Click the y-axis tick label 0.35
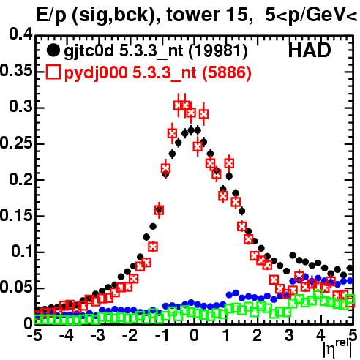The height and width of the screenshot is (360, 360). [x=16, y=71]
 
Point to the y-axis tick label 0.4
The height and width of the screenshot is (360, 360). [x=20, y=34]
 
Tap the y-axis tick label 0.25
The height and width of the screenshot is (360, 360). [x=16, y=143]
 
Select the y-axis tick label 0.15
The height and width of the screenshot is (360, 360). [x=16, y=216]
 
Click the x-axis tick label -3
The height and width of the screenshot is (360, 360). [x=98, y=336]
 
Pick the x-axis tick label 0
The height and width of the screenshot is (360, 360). [x=194, y=336]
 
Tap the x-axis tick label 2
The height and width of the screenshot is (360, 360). [x=258, y=336]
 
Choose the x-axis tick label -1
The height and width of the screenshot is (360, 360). [x=162, y=336]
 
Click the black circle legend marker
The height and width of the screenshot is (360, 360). [x=53, y=50]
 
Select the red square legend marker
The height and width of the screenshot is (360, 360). [x=53, y=72]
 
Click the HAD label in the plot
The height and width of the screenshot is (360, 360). [x=310, y=50]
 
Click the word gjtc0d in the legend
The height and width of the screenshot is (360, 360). [x=89, y=51]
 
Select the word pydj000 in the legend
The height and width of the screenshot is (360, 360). [x=96, y=73]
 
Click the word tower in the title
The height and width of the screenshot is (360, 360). [x=193, y=15]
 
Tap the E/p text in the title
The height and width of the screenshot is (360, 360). [x=51, y=15]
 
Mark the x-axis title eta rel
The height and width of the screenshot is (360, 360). [x=337, y=348]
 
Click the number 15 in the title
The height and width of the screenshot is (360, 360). [x=237, y=15]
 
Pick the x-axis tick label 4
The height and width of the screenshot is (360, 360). [x=321, y=336]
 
